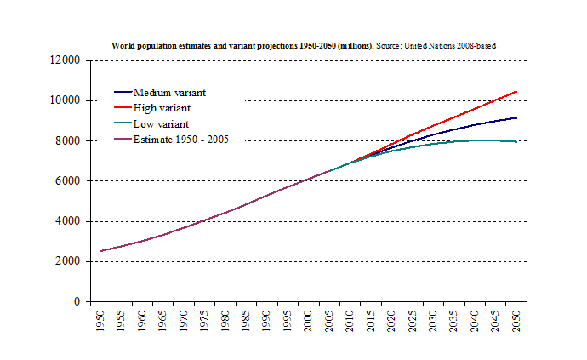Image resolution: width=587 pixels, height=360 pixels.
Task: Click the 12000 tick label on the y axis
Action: tap(65, 60)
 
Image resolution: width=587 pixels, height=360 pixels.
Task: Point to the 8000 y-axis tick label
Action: tap(68, 140)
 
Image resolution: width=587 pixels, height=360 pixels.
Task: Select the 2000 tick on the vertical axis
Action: tap(68, 261)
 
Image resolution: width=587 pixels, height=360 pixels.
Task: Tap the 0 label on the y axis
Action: tap(77, 301)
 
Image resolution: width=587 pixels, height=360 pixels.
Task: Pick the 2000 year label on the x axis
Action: tap(307, 323)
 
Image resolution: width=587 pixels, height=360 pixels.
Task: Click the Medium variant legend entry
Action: tap(169, 93)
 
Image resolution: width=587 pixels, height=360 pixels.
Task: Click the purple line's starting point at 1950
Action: tap(102, 251)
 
